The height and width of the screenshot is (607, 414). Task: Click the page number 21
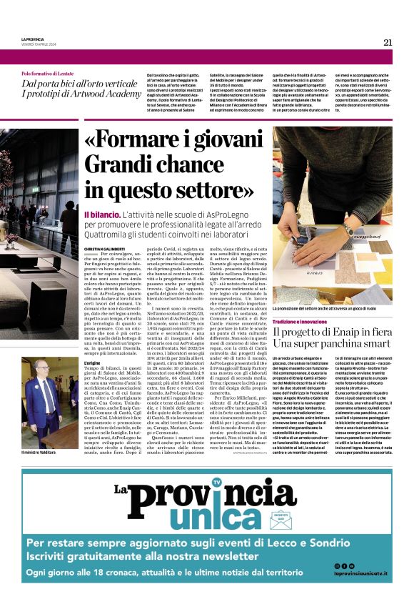point(387,42)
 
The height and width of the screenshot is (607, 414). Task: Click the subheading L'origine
point(93,364)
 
